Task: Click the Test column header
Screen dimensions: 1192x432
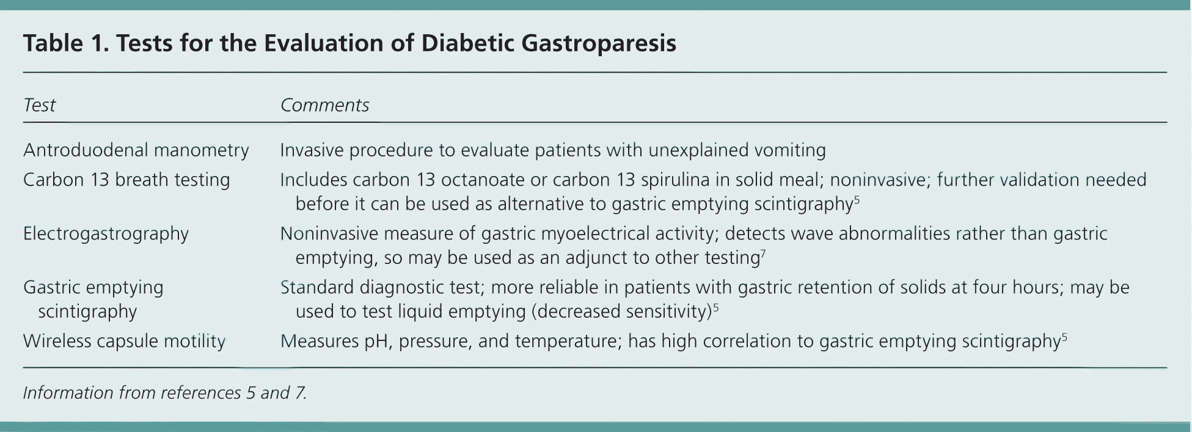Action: (x=39, y=105)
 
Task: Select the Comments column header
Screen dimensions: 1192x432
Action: (x=324, y=105)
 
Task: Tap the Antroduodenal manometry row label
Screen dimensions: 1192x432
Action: (x=136, y=150)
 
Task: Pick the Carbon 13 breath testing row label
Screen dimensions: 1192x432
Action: (x=126, y=180)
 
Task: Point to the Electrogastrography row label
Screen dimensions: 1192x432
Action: (x=106, y=234)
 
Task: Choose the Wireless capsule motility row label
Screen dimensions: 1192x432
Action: (x=124, y=341)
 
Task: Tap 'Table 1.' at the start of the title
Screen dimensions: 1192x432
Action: (x=66, y=43)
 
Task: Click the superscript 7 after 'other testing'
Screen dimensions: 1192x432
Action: (x=763, y=252)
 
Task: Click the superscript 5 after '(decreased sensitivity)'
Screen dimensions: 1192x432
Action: (x=715, y=306)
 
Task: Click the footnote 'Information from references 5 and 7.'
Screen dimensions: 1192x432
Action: (x=165, y=392)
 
